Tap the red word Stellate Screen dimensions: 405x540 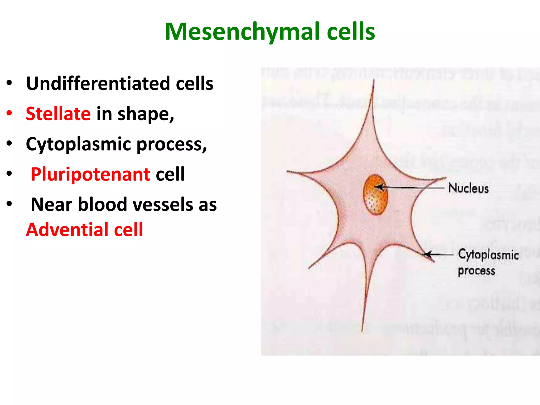pyautogui.click(x=58, y=114)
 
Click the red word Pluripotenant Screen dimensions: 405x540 pyautogui.click(x=90, y=174)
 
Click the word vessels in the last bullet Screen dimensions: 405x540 pyautogui.click(x=163, y=205)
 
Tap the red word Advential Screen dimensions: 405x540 pyautogui.click(x=67, y=230)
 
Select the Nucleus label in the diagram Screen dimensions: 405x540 pyautogui.click(x=468, y=188)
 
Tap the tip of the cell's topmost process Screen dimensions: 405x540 pyautogui.click(x=374, y=81)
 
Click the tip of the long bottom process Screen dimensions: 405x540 pyautogui.click(x=362, y=331)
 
